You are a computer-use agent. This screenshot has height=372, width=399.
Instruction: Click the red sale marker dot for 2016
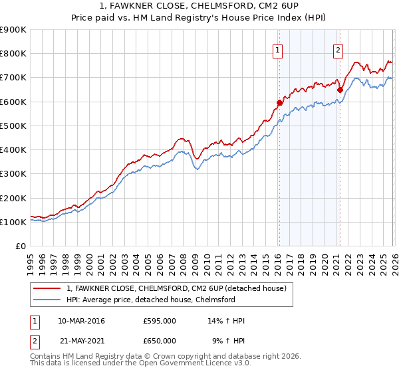279,102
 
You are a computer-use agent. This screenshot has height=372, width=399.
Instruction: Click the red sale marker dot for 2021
340,90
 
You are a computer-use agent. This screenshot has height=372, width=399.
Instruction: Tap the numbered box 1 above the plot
277,49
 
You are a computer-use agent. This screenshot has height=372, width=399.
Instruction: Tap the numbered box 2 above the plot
338,49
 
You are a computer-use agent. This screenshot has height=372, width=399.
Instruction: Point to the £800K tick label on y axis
13,54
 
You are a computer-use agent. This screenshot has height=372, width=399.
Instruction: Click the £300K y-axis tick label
13,174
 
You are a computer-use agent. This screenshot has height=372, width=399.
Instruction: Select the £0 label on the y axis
22,246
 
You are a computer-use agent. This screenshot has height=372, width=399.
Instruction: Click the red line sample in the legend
47,288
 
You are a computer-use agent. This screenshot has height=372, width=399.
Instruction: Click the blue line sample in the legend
47,300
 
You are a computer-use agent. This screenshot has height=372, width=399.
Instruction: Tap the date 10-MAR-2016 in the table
81,321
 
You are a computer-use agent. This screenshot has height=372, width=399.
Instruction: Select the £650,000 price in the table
160,341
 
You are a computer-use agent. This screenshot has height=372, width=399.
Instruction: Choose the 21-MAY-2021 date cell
81,341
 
